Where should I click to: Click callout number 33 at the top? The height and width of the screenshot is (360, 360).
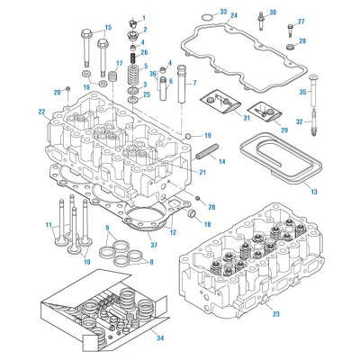tap(223, 13)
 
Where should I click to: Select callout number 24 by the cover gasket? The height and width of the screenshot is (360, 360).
tap(233, 15)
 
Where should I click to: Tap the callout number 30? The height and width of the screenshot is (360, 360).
tap(274, 13)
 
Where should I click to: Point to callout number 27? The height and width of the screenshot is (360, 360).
tap(301, 22)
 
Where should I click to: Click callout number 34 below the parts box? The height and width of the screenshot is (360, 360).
tap(160, 338)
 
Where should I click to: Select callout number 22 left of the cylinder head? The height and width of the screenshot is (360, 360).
tap(41, 112)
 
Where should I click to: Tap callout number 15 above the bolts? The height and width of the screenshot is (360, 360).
tap(107, 28)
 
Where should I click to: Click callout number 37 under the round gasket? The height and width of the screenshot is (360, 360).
tap(154, 245)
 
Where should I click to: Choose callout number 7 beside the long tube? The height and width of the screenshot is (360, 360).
tap(193, 83)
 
